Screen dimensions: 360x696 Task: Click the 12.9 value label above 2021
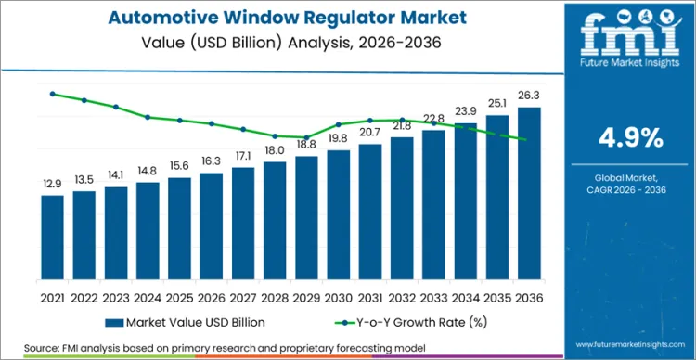[53, 185]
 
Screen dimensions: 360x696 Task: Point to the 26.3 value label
[529, 96]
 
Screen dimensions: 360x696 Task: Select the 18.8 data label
[306, 145]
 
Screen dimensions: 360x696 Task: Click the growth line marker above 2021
[53, 94]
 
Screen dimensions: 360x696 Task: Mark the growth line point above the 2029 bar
[306, 137]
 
